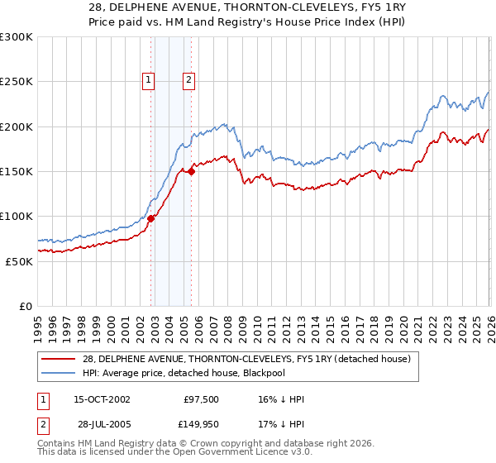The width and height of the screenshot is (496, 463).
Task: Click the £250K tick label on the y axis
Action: click(16, 82)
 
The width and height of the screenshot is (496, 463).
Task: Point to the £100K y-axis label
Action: click(16, 216)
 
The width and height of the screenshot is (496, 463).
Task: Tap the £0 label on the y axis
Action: click(25, 306)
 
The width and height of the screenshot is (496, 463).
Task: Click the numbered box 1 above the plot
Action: click(148, 80)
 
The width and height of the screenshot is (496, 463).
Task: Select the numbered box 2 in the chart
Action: click(188, 80)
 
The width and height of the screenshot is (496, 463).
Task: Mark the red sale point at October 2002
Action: click(151, 218)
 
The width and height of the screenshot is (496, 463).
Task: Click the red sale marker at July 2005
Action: click(191, 171)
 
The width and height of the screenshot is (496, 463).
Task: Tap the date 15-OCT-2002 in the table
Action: click(102, 399)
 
